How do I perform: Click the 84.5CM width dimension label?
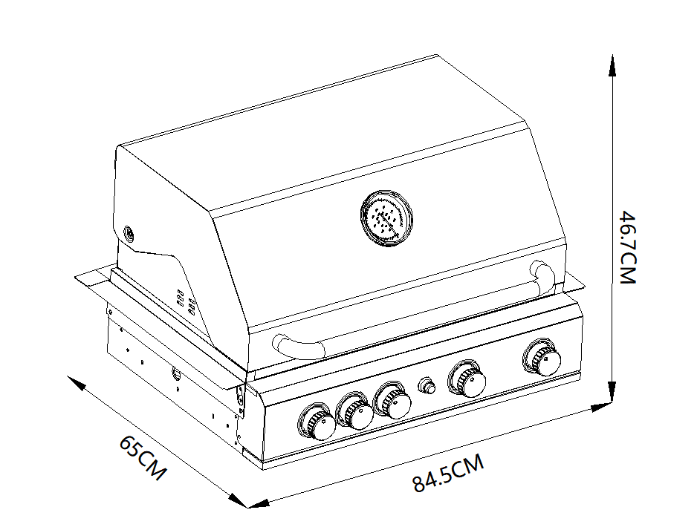tap(449, 474)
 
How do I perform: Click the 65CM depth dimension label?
tap(143, 457)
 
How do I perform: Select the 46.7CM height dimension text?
tap(629, 248)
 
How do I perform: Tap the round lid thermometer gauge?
tap(386, 217)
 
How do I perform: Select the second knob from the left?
tap(356, 412)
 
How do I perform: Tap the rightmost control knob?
tap(542, 359)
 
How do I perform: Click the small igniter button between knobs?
tap(427, 386)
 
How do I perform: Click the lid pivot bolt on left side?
tap(129, 234)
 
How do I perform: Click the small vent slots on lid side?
tap(186, 301)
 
